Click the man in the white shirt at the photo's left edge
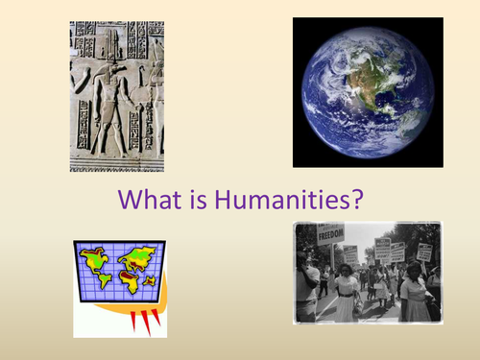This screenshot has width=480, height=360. (x=304, y=288)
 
